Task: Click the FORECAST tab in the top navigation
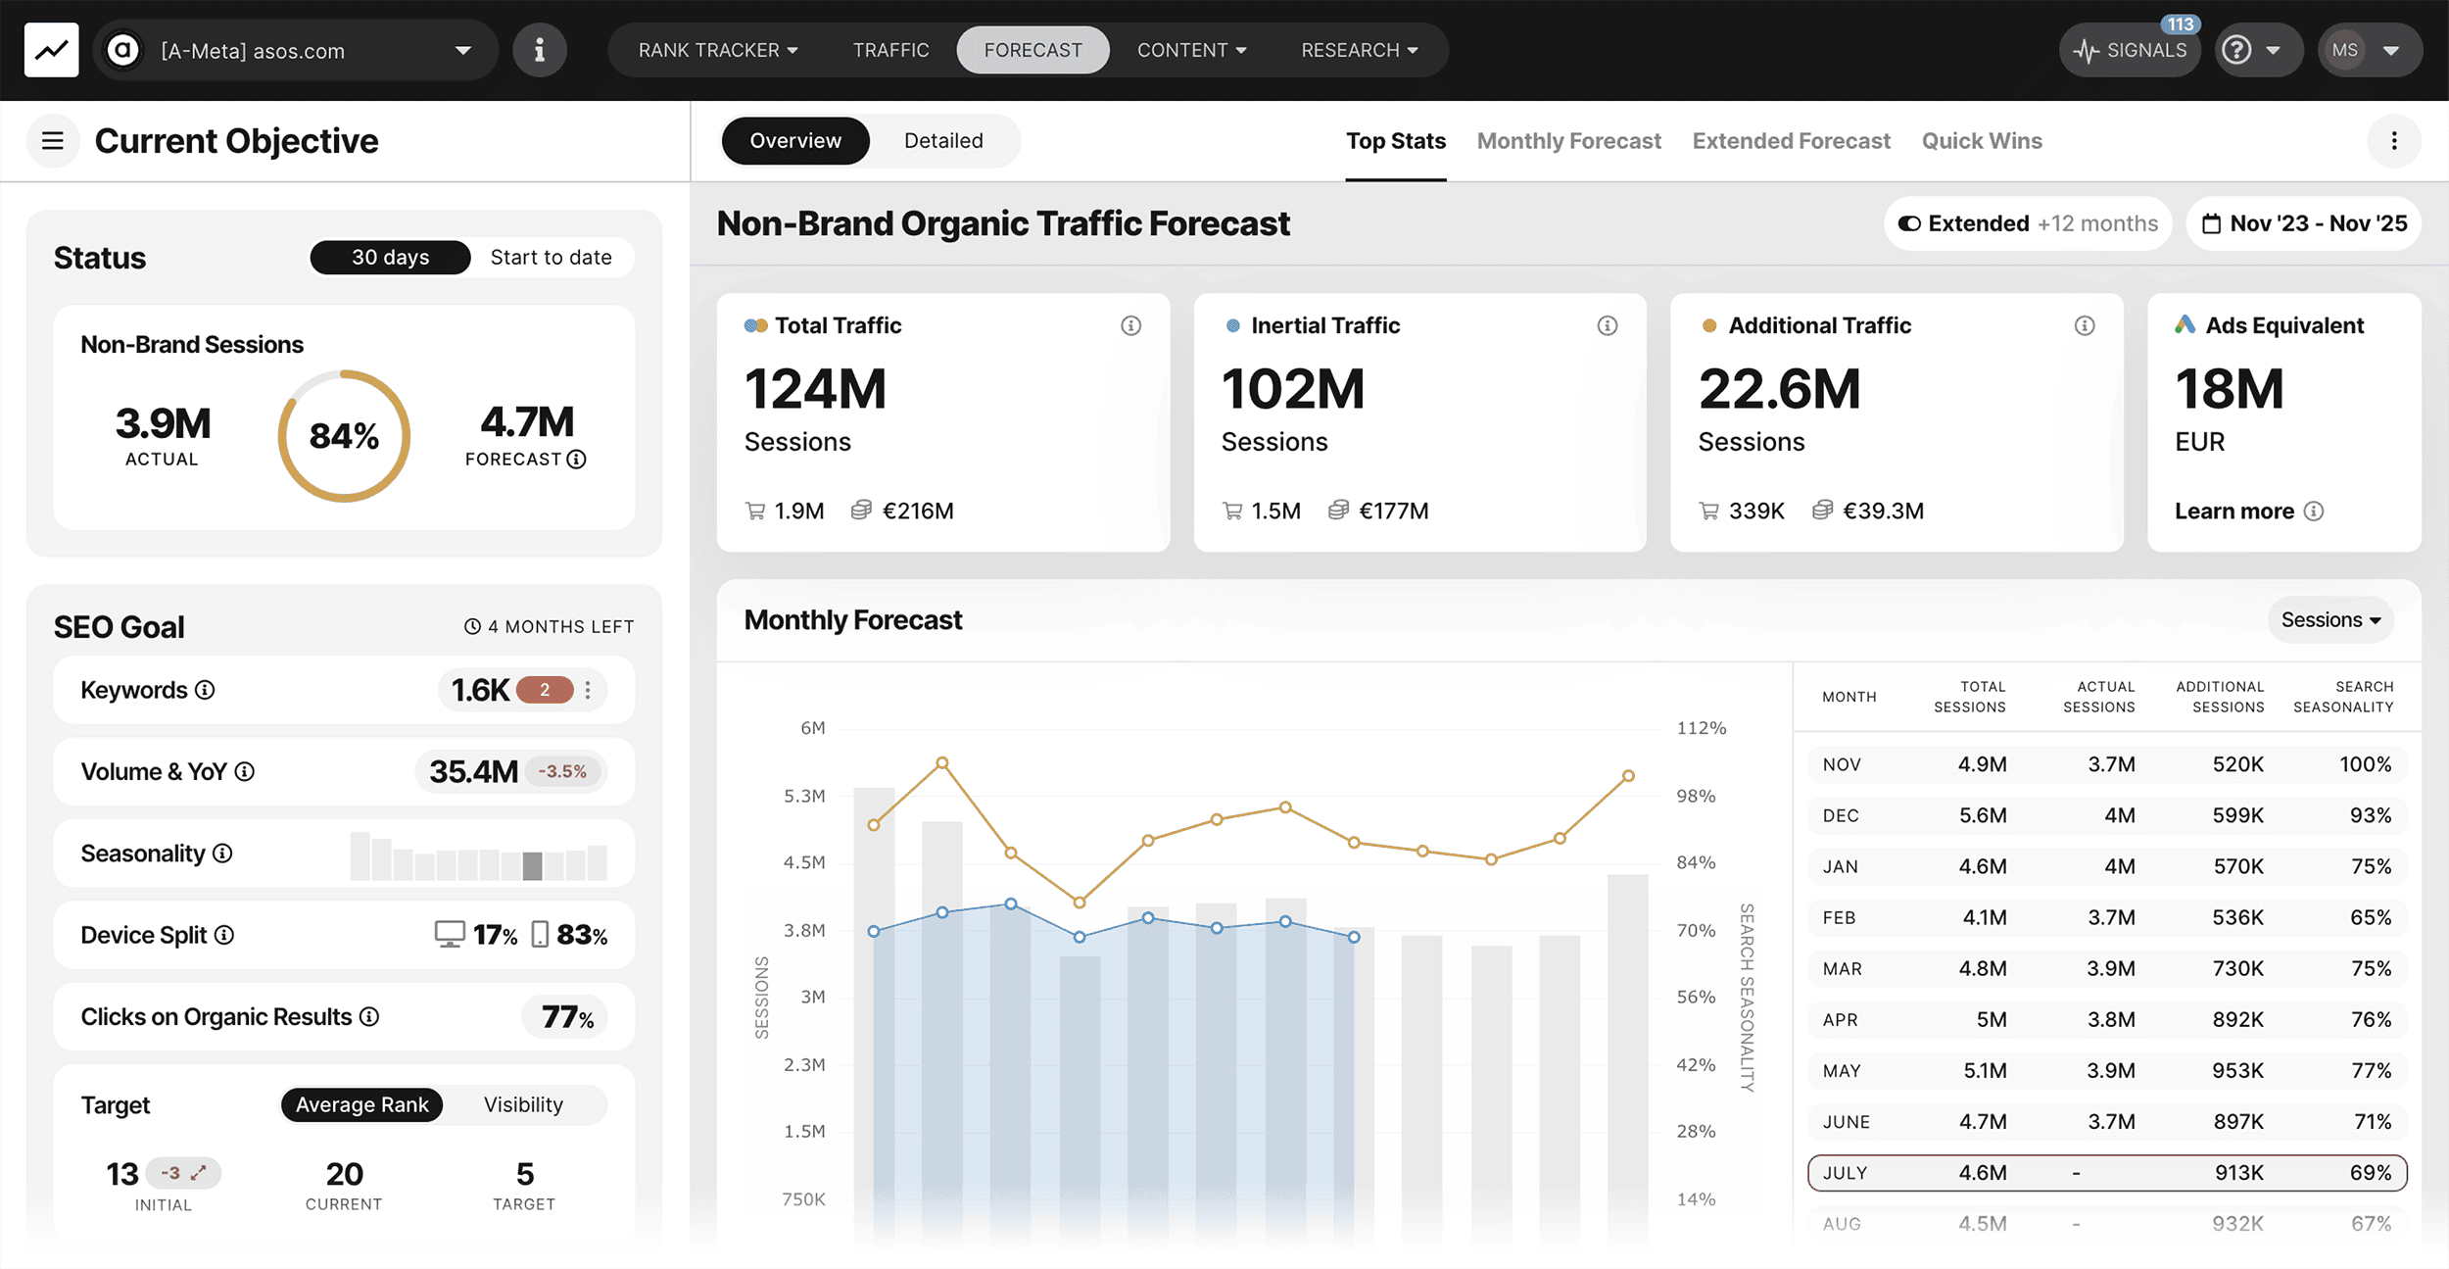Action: [x=1032, y=50]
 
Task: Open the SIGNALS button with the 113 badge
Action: [x=2131, y=50]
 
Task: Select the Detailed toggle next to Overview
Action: [x=942, y=141]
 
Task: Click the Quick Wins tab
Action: [x=1981, y=141]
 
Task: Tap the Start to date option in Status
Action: [x=551, y=258]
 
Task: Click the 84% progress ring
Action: [x=344, y=436]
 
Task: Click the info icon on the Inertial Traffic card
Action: [x=1607, y=325]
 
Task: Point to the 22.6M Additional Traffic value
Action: [x=1779, y=389]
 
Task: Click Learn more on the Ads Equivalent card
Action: [x=2233, y=512]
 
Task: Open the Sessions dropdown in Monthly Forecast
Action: [x=2329, y=620]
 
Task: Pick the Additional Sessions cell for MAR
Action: [x=2237, y=968]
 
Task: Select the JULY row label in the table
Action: [x=1845, y=1173]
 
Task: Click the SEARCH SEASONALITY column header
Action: [x=2342, y=697]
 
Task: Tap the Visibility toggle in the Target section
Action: [x=523, y=1105]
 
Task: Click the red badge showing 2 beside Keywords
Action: [x=544, y=690]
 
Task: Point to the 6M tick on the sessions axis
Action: [x=812, y=728]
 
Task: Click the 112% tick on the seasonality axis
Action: [x=1701, y=728]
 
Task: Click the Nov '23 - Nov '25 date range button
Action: [x=2304, y=224]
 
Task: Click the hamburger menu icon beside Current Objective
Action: [x=53, y=141]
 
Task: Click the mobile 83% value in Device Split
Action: [x=581, y=935]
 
